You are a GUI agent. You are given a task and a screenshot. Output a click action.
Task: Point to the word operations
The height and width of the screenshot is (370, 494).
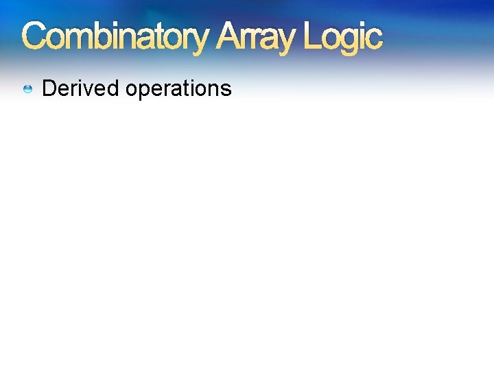tap(178, 89)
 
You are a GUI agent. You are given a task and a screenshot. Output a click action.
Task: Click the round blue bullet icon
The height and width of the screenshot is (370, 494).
tap(28, 89)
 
